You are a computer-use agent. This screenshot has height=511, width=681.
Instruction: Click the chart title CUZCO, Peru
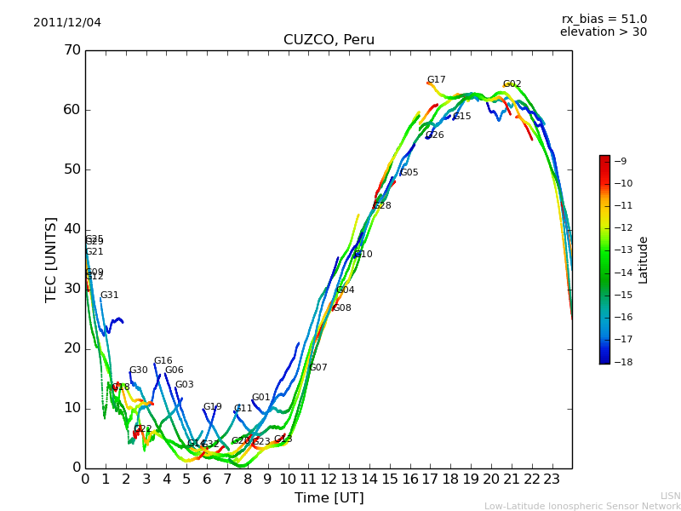(329, 40)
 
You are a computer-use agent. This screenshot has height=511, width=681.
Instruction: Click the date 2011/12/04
(67, 23)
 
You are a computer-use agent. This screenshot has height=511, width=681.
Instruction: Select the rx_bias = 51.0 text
(604, 20)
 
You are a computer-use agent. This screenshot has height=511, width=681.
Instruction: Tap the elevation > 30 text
(603, 32)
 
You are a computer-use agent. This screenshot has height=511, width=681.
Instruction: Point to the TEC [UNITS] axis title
(51, 259)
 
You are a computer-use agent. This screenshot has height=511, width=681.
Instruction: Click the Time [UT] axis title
(329, 497)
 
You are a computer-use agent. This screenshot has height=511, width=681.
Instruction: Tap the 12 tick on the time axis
(329, 479)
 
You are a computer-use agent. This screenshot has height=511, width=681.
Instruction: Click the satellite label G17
(437, 80)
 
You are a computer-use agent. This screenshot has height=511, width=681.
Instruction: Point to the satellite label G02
(512, 84)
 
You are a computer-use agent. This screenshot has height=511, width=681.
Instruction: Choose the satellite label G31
(110, 296)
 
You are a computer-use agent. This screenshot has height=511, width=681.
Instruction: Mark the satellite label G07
(318, 368)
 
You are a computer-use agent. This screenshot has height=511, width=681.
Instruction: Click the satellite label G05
(409, 173)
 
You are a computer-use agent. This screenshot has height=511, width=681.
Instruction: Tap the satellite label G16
(163, 361)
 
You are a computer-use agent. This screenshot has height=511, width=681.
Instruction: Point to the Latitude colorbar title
(644, 260)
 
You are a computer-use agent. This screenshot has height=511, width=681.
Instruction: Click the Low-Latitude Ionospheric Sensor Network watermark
(582, 506)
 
